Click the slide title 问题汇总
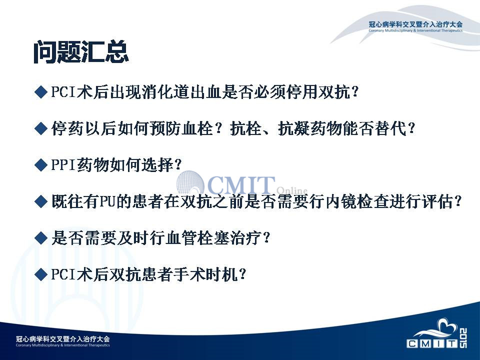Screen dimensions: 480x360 coord(81,52)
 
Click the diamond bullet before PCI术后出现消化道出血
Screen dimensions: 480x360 coord(40,92)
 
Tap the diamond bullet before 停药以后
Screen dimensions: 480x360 coord(40,128)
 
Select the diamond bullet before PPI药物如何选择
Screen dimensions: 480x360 coord(40,165)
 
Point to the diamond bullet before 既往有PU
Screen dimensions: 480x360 coord(40,201)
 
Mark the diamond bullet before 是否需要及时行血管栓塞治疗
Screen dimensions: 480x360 coord(40,238)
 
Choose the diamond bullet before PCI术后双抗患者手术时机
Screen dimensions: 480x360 coord(40,274)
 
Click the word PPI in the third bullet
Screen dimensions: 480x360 coord(63,165)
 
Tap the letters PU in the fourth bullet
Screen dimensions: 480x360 coord(107,201)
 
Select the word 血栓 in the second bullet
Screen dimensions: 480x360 coord(197,128)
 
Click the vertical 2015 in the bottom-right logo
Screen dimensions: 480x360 coord(463,337)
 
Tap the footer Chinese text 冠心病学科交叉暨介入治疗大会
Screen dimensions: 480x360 coord(63,339)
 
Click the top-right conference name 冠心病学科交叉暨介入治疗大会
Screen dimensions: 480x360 coord(415,24)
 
